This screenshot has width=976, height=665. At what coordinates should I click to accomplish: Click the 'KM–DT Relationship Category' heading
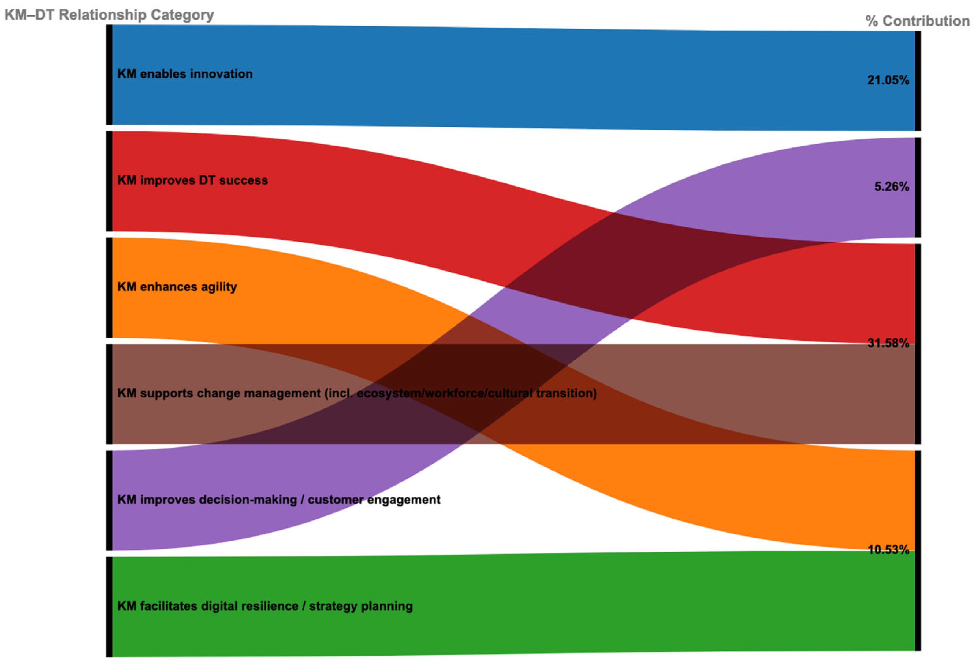click(x=109, y=15)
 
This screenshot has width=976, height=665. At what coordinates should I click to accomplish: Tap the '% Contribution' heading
click(x=917, y=21)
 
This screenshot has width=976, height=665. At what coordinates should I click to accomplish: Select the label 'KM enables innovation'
click(x=185, y=74)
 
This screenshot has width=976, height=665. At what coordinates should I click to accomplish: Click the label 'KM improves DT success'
click(x=192, y=180)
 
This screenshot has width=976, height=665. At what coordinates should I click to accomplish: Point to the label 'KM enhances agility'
click(x=177, y=287)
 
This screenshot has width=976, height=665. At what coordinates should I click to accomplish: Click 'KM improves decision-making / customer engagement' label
click(x=278, y=500)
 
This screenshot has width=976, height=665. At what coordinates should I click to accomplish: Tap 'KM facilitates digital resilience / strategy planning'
click(x=265, y=606)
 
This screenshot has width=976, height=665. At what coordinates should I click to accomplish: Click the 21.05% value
click(x=888, y=80)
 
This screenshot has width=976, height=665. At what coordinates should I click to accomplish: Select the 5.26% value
click(x=891, y=187)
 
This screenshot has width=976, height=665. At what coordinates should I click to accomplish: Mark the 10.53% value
click(x=888, y=550)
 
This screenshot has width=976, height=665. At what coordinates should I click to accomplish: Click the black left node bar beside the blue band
click(x=109, y=75)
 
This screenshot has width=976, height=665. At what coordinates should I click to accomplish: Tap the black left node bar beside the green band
click(x=109, y=607)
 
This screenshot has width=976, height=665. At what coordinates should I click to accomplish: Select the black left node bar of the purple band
click(x=109, y=501)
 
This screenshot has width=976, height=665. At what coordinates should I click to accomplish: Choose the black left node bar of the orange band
click(x=109, y=287)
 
